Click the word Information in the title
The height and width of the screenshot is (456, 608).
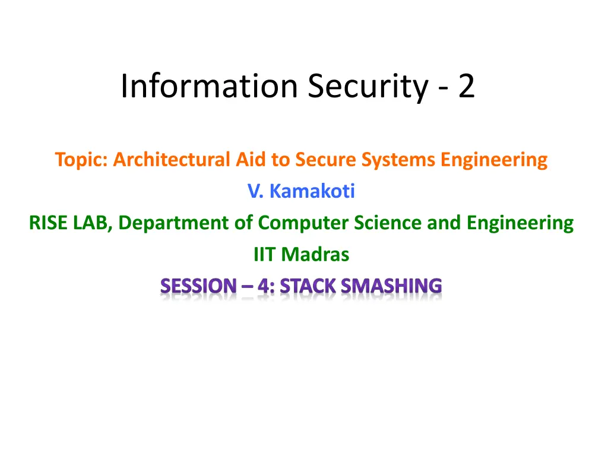click(210, 85)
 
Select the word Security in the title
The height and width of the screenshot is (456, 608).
click(368, 88)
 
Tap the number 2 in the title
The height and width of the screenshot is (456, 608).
click(467, 85)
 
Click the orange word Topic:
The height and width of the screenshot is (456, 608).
click(81, 160)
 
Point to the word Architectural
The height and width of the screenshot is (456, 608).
click(172, 159)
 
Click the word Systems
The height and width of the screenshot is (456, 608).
click(398, 160)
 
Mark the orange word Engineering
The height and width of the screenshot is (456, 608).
click(494, 160)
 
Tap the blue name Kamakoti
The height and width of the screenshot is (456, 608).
click(312, 191)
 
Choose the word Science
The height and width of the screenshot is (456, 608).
click(388, 223)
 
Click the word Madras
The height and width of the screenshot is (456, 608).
click(315, 255)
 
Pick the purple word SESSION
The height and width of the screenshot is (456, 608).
click(198, 286)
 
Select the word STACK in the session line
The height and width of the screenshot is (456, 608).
click(308, 286)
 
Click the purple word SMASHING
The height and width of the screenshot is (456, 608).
click(392, 286)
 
